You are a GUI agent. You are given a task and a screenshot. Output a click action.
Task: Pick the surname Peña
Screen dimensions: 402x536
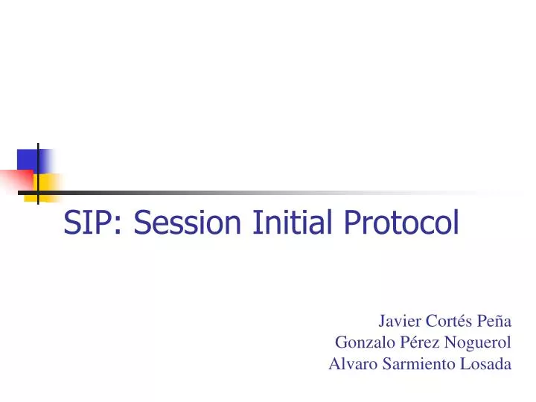[x=493, y=322]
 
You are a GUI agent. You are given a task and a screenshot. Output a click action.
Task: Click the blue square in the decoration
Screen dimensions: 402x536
[x=30, y=160]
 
